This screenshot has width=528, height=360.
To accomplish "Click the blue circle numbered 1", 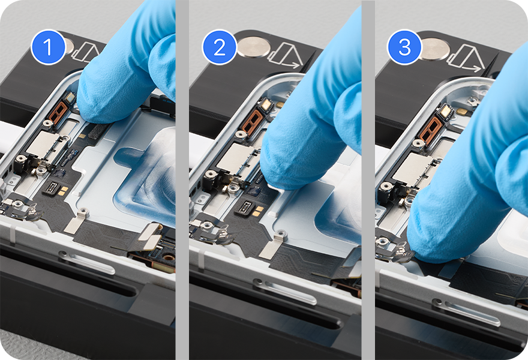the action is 48,47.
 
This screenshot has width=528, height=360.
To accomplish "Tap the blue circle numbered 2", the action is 219,47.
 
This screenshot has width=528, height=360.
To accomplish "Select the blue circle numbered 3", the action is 404,47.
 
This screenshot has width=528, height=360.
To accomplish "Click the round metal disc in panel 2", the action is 254,47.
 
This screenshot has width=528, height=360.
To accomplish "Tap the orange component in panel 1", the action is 58,112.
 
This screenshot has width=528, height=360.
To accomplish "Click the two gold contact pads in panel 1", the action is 64,190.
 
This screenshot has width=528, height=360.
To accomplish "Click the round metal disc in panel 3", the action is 436,49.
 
